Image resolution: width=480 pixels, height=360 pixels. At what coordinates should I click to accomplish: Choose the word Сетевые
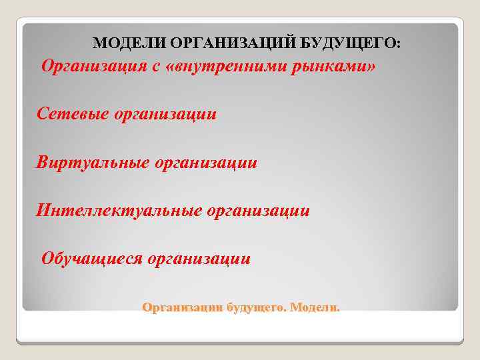click(x=73, y=114)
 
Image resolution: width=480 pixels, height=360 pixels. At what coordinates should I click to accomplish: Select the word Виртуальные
click(x=93, y=163)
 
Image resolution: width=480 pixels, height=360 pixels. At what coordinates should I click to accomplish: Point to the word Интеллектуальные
click(x=119, y=211)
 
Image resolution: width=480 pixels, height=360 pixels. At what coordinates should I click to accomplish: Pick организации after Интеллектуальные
click(x=259, y=211)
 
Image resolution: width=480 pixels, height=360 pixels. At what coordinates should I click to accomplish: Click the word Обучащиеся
click(x=92, y=258)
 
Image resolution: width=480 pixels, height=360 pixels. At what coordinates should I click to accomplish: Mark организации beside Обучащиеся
click(x=199, y=259)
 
